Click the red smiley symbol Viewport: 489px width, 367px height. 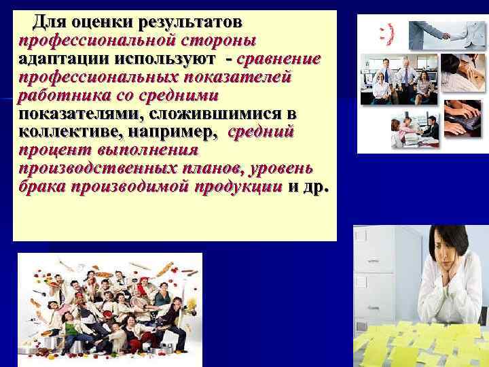[x=386, y=33]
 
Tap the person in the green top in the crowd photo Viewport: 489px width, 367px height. [x=162, y=299]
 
